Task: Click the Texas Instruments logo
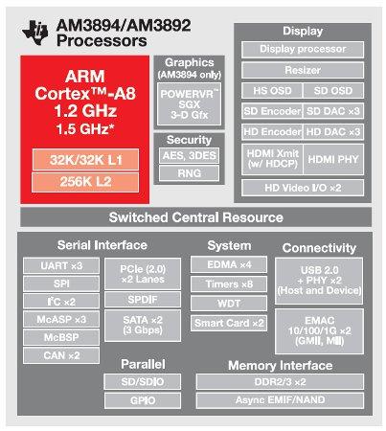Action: [35, 33]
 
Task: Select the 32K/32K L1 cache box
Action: [85, 160]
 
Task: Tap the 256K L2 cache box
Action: [85, 182]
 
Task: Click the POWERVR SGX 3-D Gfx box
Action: [189, 104]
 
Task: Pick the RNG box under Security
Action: [190, 173]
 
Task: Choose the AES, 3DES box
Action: [190, 155]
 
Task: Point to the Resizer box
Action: [303, 70]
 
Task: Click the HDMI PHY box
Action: [333, 159]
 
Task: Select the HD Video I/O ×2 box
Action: [303, 188]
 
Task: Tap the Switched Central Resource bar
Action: [196, 217]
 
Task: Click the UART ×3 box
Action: [61, 265]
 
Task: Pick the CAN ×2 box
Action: [61, 355]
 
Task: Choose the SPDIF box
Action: [143, 300]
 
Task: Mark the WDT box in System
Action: [229, 303]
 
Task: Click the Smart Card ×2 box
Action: [229, 323]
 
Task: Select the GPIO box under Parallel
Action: [143, 400]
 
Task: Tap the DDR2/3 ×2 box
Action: [280, 382]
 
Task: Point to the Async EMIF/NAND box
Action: [280, 400]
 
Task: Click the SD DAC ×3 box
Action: [333, 111]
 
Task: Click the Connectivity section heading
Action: [319, 248]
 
